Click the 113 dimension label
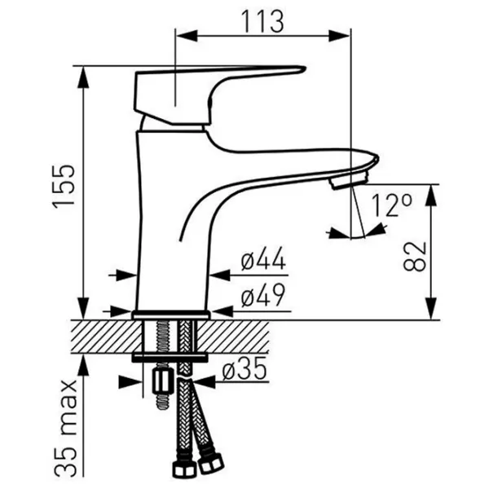(263, 21)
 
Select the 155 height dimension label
(64, 187)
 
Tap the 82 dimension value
(415, 256)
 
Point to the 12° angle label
(391, 205)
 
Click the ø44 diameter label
(263, 258)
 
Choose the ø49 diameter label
(263, 295)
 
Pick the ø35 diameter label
(244, 368)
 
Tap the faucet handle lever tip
(304, 69)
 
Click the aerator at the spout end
(350, 181)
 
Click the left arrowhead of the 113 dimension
(187, 35)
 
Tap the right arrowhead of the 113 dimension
(339, 35)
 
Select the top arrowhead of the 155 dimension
(83, 77)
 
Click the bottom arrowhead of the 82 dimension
(431, 309)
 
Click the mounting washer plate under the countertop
(170, 358)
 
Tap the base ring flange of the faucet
(171, 315)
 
